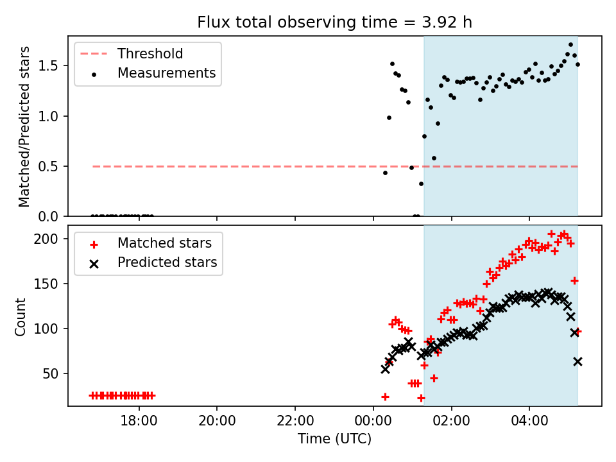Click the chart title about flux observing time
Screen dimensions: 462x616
[x=334, y=22]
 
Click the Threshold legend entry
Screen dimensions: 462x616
[x=150, y=54]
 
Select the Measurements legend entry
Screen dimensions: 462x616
[x=166, y=73]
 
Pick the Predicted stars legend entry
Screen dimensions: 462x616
[x=167, y=262]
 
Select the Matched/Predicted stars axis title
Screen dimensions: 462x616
[x=24, y=126]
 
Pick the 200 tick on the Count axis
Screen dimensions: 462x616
[x=51, y=239]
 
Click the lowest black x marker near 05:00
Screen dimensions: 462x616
[x=577, y=362]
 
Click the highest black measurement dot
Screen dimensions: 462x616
[x=570, y=45]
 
